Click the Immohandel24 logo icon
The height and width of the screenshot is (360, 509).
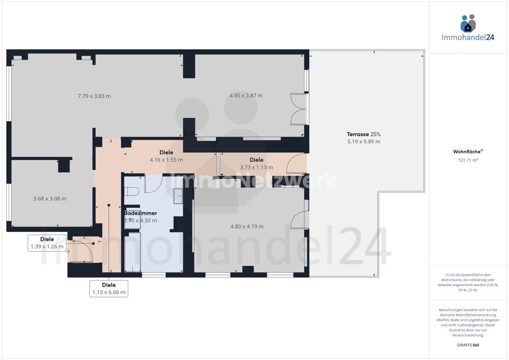[468, 23]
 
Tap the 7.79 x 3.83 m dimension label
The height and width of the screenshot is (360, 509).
[94, 96]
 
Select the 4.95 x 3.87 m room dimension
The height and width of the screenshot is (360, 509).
[246, 95]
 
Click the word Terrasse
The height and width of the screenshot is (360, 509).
[358, 134]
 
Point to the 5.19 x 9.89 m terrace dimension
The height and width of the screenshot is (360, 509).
[363, 142]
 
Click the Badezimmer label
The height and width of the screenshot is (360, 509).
[140, 213]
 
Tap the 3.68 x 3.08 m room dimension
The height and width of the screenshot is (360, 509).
[50, 199]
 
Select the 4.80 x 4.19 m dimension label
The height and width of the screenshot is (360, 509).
[247, 227]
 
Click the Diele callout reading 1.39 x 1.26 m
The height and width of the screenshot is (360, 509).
[47, 243]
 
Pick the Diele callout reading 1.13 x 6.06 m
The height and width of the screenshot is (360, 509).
[109, 289]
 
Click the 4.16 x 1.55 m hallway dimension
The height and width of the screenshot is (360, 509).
[166, 160]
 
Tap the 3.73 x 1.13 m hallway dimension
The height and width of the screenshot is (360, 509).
[257, 168]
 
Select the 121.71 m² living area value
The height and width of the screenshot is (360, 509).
[468, 160]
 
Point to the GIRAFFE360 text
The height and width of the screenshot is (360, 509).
[468, 345]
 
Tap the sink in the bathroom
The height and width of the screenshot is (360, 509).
[178, 196]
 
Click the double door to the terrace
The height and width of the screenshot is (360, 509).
[299, 109]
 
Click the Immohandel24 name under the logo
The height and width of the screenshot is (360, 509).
[468, 37]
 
